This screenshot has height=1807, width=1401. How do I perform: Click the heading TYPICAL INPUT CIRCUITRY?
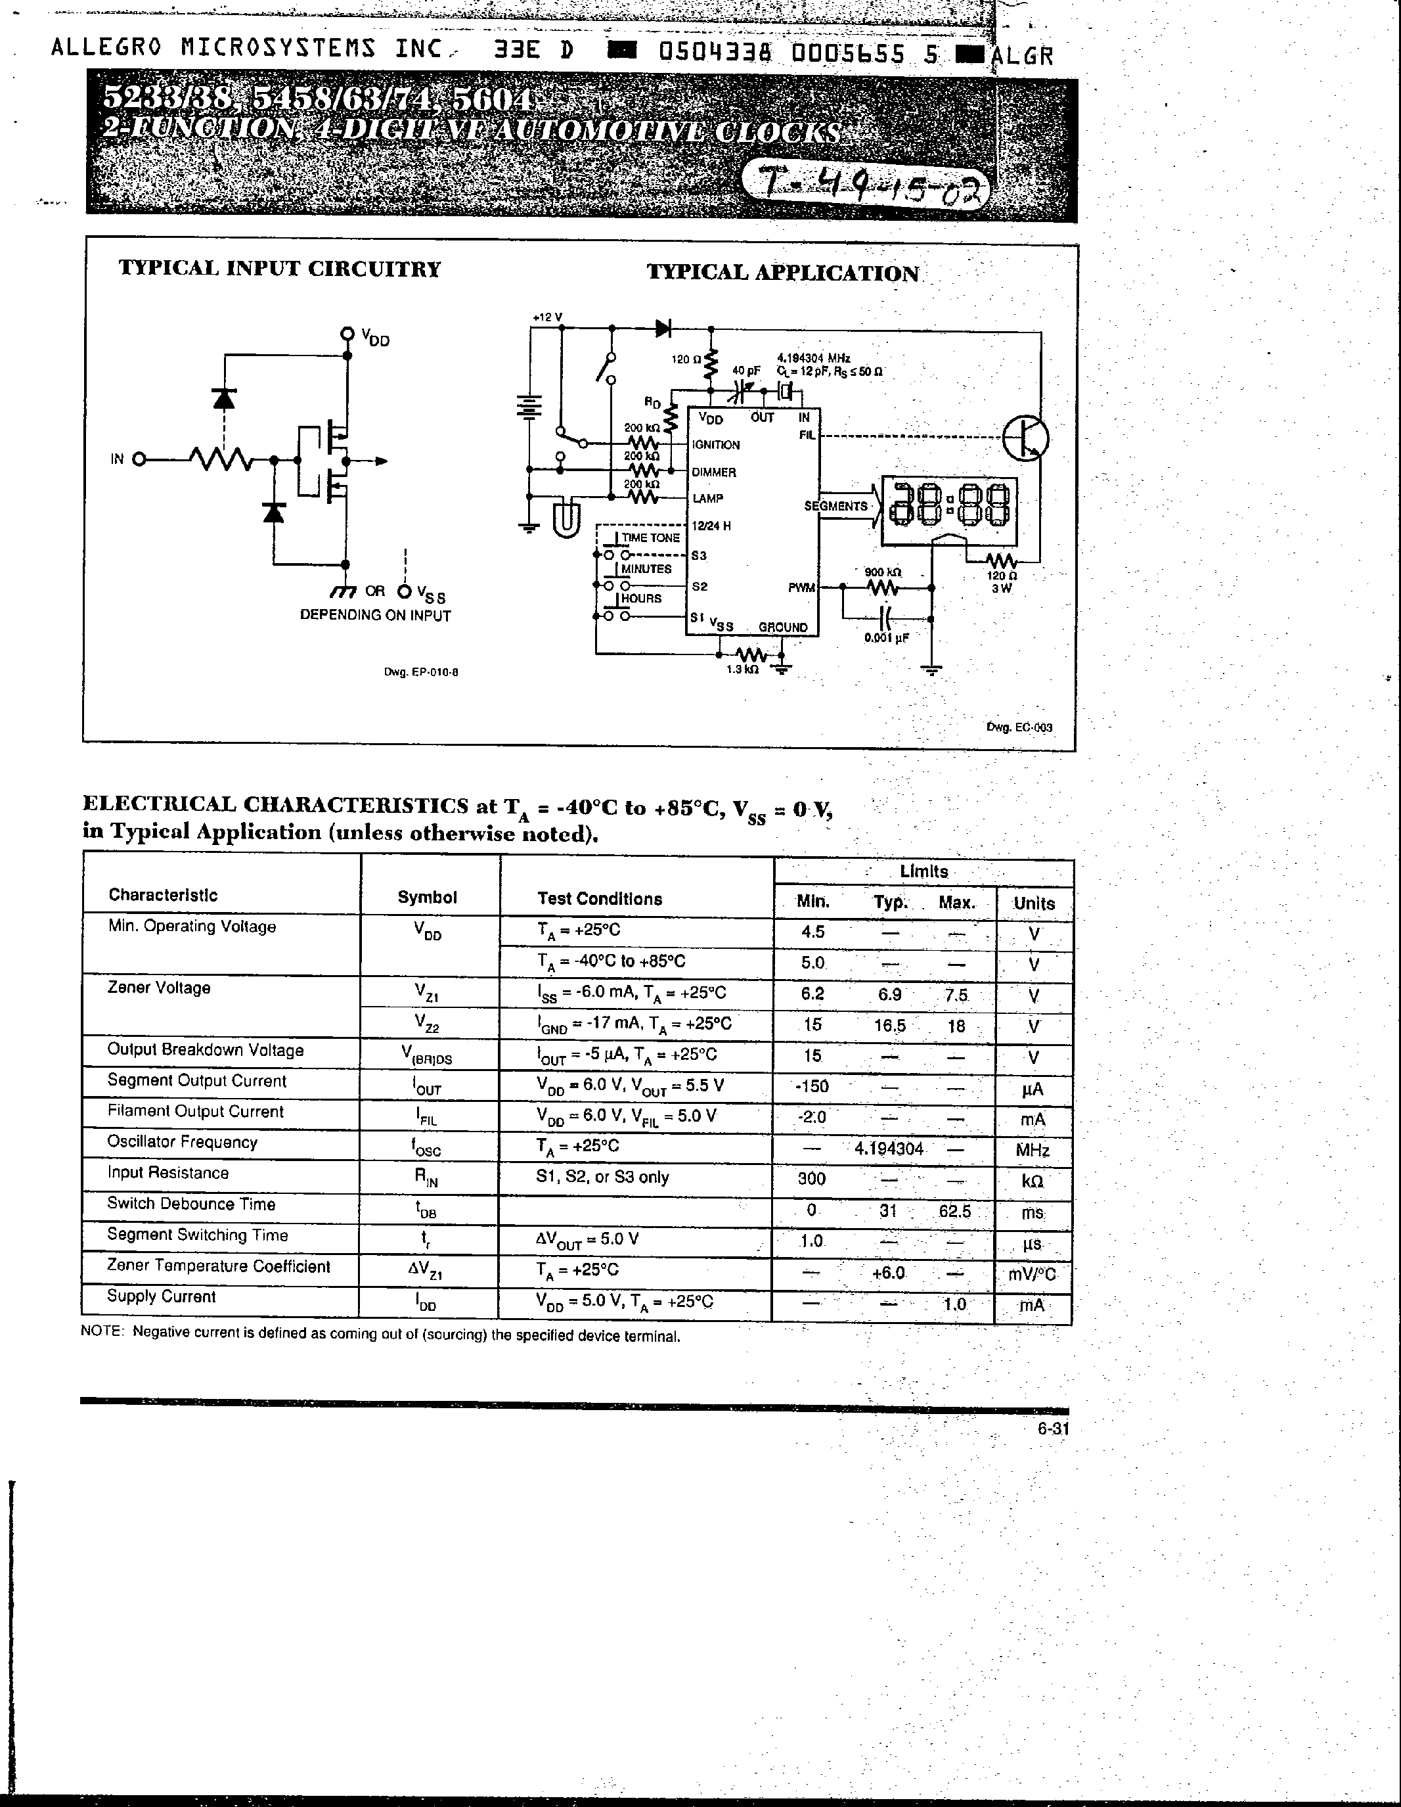pos(280,269)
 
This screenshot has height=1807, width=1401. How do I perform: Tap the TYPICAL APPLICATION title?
pos(782,274)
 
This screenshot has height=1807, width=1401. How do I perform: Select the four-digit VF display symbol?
pos(950,511)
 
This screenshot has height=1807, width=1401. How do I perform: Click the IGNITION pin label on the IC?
pos(716,445)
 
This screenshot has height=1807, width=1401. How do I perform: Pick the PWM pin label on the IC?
pos(801,588)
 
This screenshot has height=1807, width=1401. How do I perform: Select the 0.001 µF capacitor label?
pos(887,638)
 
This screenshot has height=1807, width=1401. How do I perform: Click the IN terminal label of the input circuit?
pos(117,459)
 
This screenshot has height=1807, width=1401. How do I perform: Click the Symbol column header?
pos(427,898)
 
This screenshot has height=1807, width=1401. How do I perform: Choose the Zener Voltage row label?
pos(159,988)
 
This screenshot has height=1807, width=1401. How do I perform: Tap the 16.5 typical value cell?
pos(889,1026)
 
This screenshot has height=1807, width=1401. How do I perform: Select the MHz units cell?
pos(1032,1151)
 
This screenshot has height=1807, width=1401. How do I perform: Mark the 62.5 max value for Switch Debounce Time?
pos(954,1211)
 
